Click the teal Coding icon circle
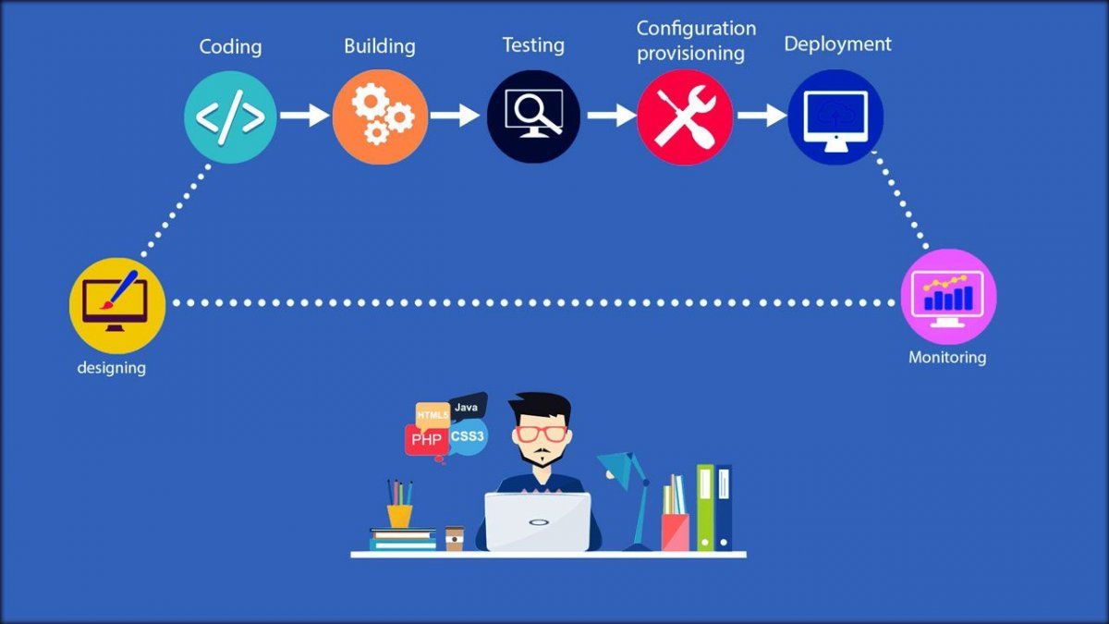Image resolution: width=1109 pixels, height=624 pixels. [231, 117]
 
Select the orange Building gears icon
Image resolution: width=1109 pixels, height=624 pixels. [380, 117]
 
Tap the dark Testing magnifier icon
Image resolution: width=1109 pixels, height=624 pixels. [533, 117]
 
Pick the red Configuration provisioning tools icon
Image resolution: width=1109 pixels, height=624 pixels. [685, 117]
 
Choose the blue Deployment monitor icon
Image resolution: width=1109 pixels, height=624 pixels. [835, 117]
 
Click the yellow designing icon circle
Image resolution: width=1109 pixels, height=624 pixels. [117, 305]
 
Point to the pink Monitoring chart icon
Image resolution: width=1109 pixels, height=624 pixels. [948, 296]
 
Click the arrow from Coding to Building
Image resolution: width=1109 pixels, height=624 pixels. [304, 116]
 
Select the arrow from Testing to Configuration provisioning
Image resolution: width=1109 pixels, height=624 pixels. [610, 116]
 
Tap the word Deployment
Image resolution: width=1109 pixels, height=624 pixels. [837, 43]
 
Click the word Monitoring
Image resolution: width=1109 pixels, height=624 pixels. [947, 357]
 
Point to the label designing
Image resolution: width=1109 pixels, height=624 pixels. [111, 368]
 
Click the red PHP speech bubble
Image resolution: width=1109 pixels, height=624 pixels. [426, 440]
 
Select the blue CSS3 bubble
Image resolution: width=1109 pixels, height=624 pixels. [468, 435]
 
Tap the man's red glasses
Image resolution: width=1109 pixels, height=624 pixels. [542, 433]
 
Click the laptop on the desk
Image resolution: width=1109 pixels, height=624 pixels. [538, 521]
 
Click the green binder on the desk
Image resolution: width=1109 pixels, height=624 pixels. [705, 508]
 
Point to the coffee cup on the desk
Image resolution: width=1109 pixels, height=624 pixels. [454, 538]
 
